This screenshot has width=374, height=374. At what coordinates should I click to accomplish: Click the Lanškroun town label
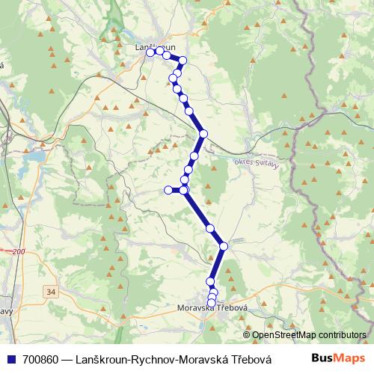tap(155, 47)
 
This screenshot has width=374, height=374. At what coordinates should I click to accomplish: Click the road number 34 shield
tap(50, 291)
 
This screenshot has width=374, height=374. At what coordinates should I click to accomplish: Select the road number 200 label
tap(18, 252)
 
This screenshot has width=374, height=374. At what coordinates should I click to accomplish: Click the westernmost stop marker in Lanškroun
tap(150, 52)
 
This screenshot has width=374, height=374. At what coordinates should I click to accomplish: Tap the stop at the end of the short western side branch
tap(168, 190)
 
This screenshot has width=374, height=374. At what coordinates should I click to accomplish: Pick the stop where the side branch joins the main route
tap(184, 190)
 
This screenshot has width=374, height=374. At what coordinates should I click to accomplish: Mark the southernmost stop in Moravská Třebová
tap(211, 302)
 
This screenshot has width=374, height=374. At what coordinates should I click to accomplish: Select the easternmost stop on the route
tap(223, 245)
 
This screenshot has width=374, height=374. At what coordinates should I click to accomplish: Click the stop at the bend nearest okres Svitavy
tap(203, 134)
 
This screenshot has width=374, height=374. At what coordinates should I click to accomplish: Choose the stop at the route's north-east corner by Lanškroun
tap(182, 60)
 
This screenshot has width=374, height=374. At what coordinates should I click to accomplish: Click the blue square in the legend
tap(10, 358)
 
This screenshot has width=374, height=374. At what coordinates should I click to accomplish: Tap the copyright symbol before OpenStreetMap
tap(246, 334)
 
